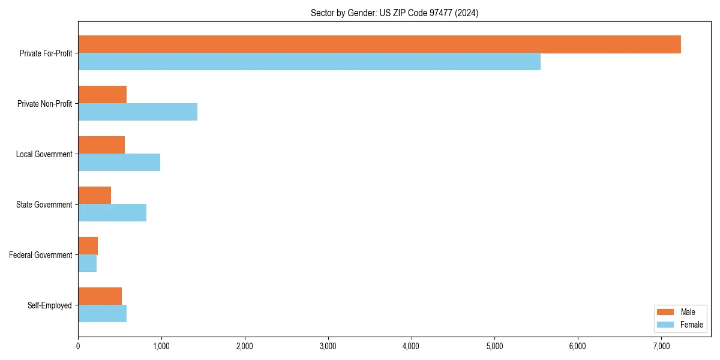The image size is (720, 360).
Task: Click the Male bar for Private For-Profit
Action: (x=379, y=44)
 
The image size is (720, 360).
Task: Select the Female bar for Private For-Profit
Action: (x=309, y=62)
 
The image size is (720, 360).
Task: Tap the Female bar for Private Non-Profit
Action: (x=137, y=112)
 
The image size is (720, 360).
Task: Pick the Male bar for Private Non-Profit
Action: (x=102, y=95)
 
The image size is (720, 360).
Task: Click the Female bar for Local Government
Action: (x=119, y=162)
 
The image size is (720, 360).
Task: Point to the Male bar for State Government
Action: (x=94, y=196)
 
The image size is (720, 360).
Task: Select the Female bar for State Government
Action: (x=112, y=212)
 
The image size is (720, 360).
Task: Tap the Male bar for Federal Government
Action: (x=88, y=246)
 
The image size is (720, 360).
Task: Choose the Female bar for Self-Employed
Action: (x=102, y=313)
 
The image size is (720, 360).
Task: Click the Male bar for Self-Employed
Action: (x=100, y=296)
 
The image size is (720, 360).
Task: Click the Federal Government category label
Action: (x=41, y=255)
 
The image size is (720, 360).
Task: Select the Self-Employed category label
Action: (x=50, y=305)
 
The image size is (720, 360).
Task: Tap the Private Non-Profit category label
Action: (x=44, y=104)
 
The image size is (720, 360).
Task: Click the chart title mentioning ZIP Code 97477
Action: (x=394, y=13)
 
